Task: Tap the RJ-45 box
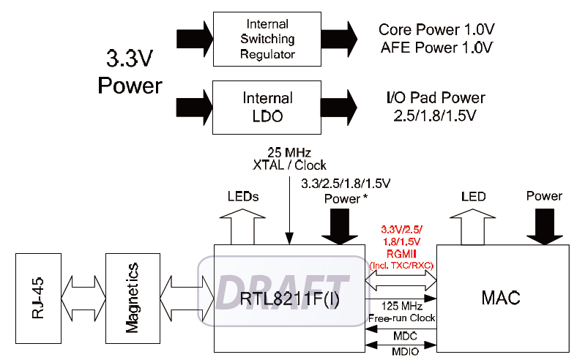click(x=38, y=298)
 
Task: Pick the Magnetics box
click(x=133, y=298)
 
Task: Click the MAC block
click(x=501, y=298)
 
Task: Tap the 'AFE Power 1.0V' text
click(x=436, y=48)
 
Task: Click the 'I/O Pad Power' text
click(x=436, y=97)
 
